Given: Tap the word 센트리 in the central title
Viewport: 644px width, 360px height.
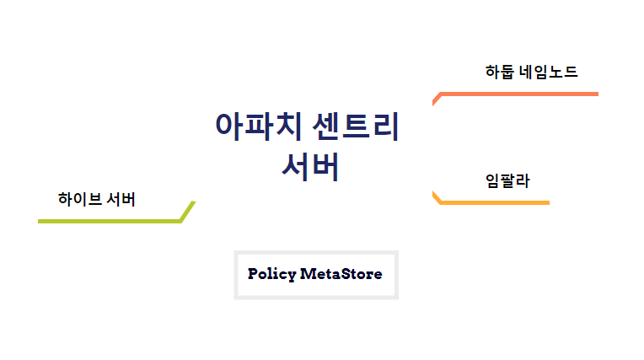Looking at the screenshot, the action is (355, 126).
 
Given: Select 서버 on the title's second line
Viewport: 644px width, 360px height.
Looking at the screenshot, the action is (310, 166).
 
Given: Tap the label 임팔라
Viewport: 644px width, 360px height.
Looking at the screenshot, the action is (507, 180).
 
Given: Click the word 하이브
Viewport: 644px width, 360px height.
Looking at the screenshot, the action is (80, 200).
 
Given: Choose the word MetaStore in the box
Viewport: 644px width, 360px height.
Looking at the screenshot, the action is (341, 274).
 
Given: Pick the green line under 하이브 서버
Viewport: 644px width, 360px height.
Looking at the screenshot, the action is (110, 221).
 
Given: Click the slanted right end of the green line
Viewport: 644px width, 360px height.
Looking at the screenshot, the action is (188, 211).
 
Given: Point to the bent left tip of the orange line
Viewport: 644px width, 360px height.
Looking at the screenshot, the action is (435, 99).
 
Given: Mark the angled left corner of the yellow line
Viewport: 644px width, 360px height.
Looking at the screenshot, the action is (437, 197).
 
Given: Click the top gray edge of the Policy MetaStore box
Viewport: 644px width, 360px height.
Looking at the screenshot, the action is (316, 253).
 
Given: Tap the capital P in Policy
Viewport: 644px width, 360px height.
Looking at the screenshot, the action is (253, 274).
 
